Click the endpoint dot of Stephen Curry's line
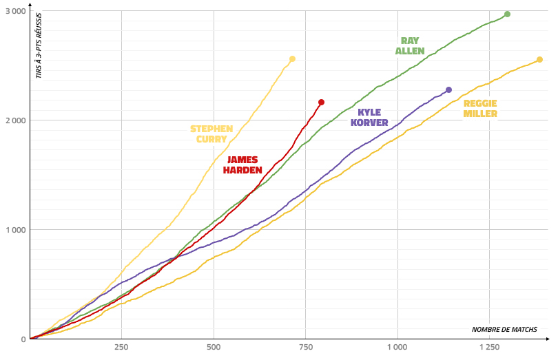tap(292, 59)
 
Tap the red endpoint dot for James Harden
tap(321, 103)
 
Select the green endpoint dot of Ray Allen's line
tap(507, 14)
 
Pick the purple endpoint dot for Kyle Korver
tap(448, 90)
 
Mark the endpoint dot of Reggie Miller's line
tap(539, 60)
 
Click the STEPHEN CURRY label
tap(211, 134)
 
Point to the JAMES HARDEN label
tap(242, 165)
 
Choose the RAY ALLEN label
tap(410, 45)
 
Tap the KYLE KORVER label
tap(369, 118)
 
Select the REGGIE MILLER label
tap(480, 109)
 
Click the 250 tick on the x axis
tap(121, 348)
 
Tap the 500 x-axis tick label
tap(214, 348)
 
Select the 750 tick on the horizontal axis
tap(305, 348)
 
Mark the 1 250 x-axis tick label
tap(489, 348)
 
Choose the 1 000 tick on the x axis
tap(397, 348)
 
